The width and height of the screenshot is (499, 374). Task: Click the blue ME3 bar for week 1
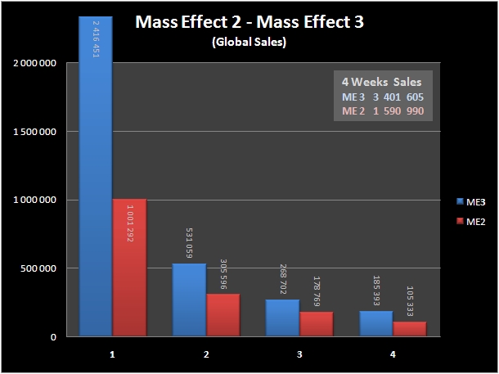click(95, 176)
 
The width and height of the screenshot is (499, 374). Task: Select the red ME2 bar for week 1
click(128, 267)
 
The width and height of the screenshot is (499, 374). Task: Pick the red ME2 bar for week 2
click(223, 315)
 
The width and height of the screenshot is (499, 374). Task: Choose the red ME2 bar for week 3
click(316, 323)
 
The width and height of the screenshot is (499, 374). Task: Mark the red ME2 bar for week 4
click(409, 329)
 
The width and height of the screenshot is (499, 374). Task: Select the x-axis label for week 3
click(299, 354)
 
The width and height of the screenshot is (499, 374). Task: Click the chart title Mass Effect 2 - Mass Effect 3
click(249, 22)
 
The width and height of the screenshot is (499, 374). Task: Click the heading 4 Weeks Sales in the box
click(383, 82)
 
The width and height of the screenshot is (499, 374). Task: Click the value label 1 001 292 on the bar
click(128, 220)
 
